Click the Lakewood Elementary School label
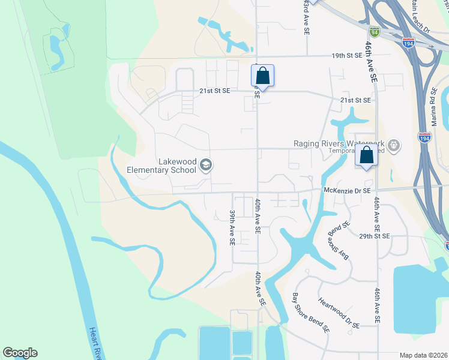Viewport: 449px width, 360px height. click(161, 166)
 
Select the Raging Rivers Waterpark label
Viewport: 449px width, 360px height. click(339, 143)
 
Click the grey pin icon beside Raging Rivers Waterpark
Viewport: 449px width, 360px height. click(394, 145)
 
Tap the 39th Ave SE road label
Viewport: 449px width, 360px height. click(232, 227)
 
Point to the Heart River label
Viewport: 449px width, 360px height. click(96, 342)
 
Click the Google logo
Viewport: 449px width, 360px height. click(20, 353)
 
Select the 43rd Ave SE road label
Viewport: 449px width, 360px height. click(307, 11)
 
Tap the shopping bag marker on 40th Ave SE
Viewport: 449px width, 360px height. click(262, 76)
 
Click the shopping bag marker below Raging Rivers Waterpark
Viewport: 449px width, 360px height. click(366, 155)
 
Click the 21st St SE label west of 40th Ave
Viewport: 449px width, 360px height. click(214, 91)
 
